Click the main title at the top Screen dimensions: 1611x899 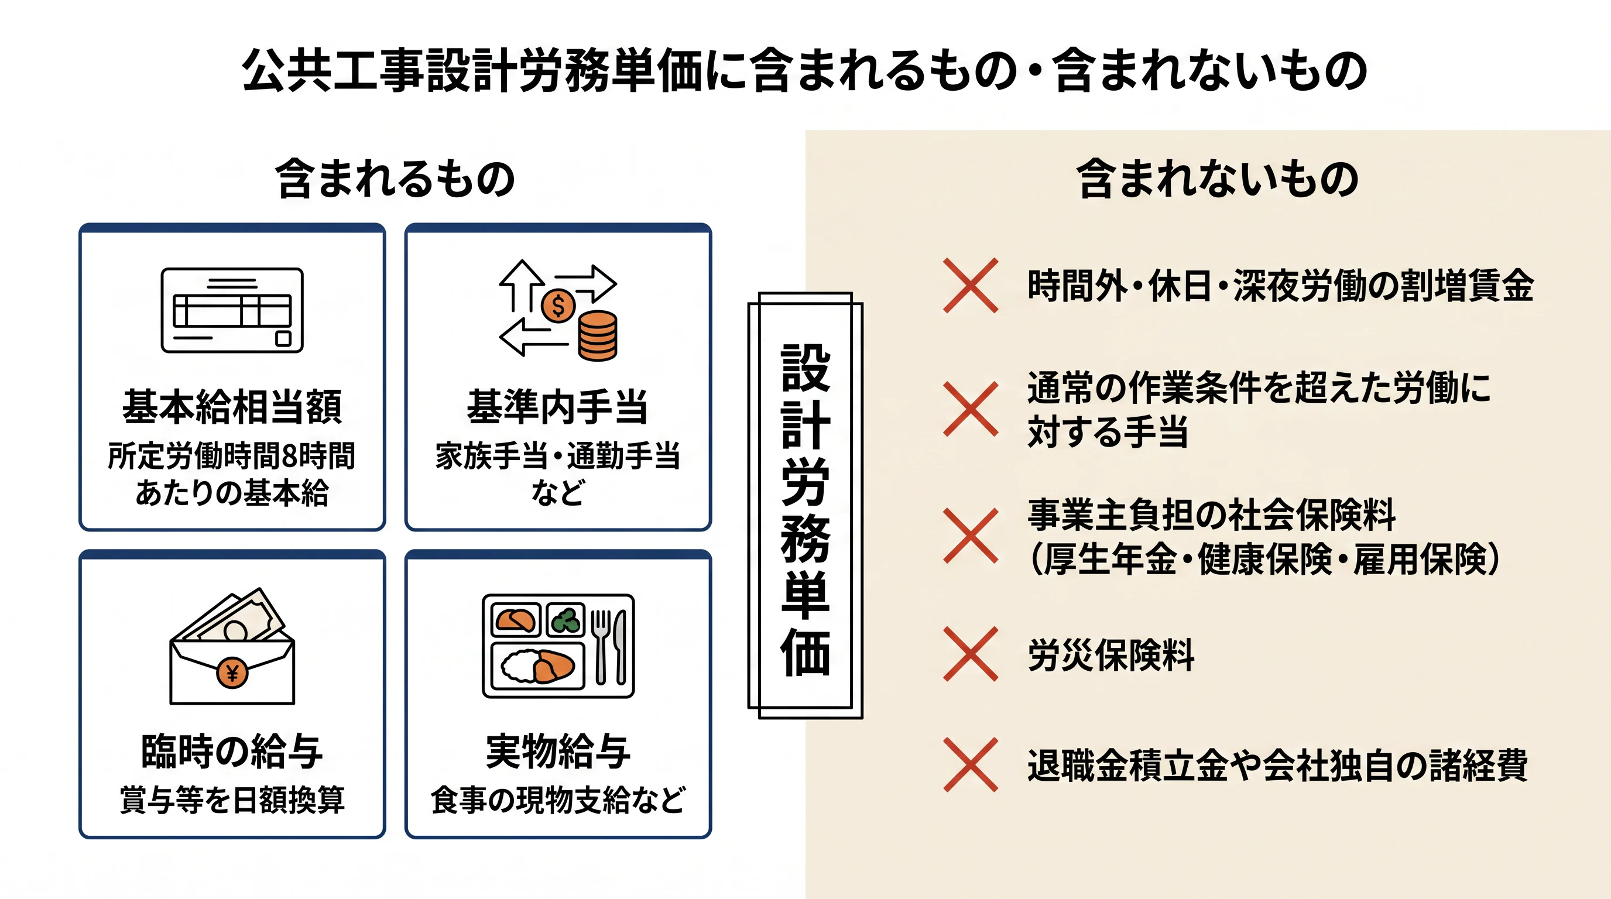(804, 70)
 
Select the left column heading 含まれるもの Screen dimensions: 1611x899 (395, 179)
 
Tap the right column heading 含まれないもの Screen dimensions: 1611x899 (1217, 179)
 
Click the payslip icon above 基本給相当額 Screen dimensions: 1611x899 (232, 310)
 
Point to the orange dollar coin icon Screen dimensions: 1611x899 (558, 306)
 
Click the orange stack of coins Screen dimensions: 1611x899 (597, 336)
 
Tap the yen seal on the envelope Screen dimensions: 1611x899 (232, 673)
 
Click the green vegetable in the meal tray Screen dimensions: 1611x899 (566, 620)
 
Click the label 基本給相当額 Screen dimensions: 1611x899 (232, 407)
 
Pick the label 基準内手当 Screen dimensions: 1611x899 (558, 407)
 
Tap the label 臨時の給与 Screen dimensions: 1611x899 (232, 751)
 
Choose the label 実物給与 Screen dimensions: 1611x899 (558, 751)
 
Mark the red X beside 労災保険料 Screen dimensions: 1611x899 (971, 654)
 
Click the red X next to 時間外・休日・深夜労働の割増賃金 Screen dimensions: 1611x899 (971, 285)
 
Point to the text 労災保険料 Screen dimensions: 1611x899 (1111, 655)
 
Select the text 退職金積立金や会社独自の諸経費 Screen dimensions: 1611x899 (1278, 765)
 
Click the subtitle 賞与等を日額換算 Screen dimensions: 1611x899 (232, 800)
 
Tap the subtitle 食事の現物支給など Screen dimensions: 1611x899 (558, 800)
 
